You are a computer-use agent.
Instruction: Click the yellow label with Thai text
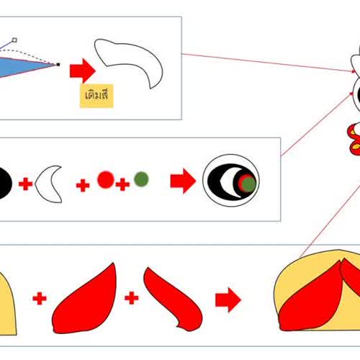(96, 96)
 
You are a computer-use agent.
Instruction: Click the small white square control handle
(14, 40)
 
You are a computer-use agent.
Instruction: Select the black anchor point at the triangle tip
(58, 64)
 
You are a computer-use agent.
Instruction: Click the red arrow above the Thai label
(83, 71)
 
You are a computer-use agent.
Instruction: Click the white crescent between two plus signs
(49, 184)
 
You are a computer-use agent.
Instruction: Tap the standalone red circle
(106, 179)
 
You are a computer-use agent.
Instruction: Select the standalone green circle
(141, 179)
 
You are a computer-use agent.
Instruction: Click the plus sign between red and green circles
(122, 184)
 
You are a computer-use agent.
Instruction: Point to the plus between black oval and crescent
(25, 184)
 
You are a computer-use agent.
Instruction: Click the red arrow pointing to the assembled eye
(183, 181)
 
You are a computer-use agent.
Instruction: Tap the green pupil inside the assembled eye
(249, 184)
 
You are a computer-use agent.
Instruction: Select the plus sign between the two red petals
(132, 298)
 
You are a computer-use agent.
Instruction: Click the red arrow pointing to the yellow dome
(228, 300)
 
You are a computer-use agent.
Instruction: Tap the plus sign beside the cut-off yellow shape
(40, 299)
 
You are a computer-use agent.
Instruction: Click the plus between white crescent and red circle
(83, 186)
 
